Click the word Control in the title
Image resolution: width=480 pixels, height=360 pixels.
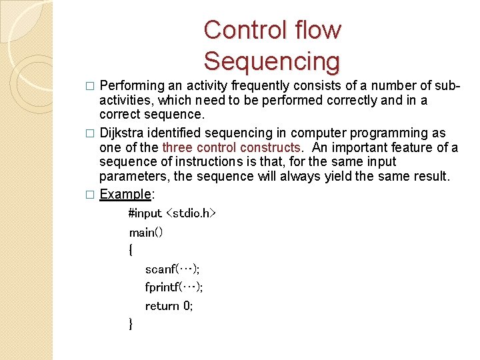pos(246,30)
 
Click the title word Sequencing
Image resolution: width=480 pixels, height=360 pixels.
pos(271,61)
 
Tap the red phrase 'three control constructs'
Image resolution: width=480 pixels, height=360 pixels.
pos(231,147)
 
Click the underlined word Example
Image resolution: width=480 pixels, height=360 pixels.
pos(125,194)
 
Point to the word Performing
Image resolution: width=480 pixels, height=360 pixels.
pos(133,86)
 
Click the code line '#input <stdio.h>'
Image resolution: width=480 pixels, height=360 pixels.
pos(172,213)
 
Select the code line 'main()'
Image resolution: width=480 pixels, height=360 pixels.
pos(146,232)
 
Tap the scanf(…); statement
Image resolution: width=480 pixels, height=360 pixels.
pos(172,269)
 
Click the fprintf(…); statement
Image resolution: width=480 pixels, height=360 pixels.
pos(174,287)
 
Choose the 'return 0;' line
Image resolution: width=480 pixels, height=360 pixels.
pos(169,306)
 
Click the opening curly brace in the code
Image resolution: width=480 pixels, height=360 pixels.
pos(131,251)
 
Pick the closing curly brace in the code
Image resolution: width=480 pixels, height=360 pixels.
pos(131,324)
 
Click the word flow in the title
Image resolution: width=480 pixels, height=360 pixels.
pos(317,30)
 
